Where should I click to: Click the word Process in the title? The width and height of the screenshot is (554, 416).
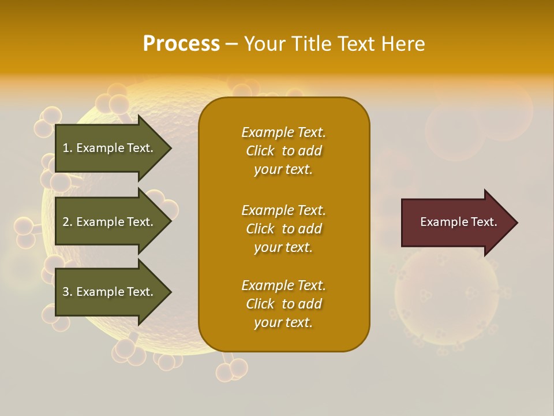tap(181, 44)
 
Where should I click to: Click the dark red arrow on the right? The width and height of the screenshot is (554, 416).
tap(456, 222)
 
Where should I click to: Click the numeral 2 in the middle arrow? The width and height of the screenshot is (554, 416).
tap(66, 222)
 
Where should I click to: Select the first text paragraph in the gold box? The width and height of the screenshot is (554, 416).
tap(283, 151)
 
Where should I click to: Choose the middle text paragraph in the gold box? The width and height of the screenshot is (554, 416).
tap(283, 229)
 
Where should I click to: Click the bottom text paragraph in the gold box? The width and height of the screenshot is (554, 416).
tap(283, 304)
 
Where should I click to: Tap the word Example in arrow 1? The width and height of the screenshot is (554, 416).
tap(100, 148)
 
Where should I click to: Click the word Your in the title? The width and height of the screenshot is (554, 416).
tap(267, 44)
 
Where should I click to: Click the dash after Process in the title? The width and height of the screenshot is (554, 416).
tap(231, 44)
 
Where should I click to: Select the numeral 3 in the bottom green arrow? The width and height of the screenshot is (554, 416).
tap(66, 292)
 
